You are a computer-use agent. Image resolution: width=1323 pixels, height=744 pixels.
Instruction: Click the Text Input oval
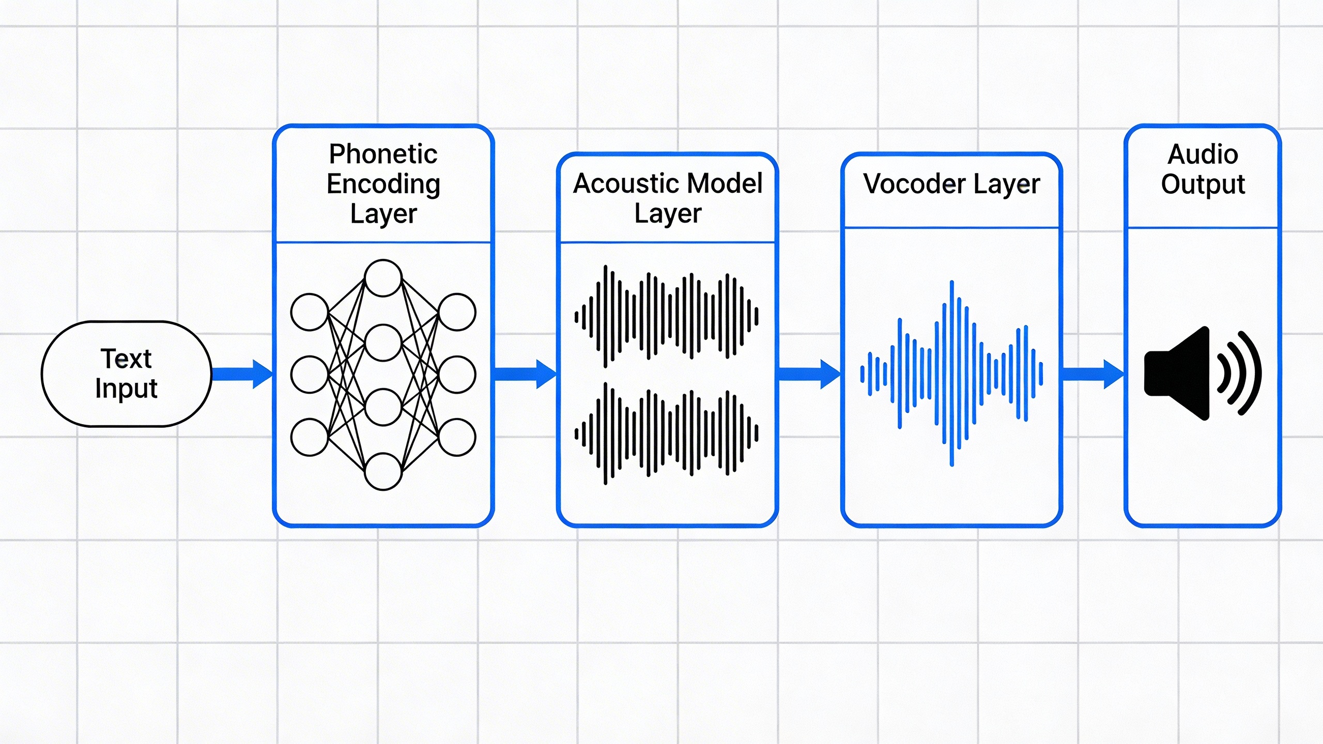pyautogui.click(x=126, y=374)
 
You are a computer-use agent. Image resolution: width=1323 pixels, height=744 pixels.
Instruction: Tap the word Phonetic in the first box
pyautogui.click(x=383, y=154)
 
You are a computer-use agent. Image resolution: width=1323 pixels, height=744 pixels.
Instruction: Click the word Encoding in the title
pyautogui.click(x=383, y=184)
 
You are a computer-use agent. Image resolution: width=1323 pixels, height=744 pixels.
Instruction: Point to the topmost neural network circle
pyautogui.click(x=383, y=278)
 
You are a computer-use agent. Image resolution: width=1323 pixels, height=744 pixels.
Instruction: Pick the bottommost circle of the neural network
pyautogui.click(x=383, y=471)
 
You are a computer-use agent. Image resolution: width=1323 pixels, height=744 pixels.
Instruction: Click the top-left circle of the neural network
pyautogui.click(x=309, y=312)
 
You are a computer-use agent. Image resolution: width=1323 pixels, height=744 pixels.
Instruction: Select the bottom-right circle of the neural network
pyautogui.click(x=457, y=437)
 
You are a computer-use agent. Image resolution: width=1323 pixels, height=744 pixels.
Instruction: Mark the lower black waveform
pyautogui.click(x=667, y=433)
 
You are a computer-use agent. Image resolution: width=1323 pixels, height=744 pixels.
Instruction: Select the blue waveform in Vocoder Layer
pyautogui.click(x=951, y=373)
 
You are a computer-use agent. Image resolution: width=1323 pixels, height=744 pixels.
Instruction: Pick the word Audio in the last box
pyautogui.click(x=1203, y=154)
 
